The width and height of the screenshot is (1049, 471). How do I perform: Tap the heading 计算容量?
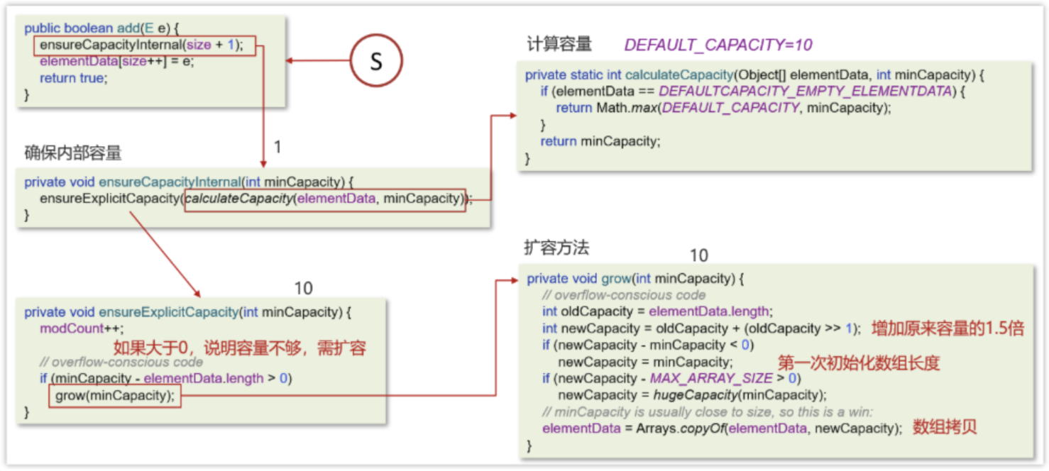click(x=559, y=44)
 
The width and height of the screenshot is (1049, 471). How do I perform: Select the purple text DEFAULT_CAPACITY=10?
click(x=718, y=45)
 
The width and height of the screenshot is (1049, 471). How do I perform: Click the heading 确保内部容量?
click(x=72, y=152)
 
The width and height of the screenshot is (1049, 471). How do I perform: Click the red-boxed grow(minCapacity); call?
click(x=115, y=396)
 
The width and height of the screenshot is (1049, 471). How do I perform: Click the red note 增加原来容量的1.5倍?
click(x=948, y=328)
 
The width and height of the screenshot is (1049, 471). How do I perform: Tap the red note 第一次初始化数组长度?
click(x=858, y=362)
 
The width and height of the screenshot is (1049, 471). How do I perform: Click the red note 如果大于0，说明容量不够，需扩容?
click(x=240, y=348)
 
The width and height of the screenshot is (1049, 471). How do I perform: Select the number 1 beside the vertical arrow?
click(x=278, y=147)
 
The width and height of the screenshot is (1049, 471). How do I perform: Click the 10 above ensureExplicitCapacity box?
click(x=303, y=288)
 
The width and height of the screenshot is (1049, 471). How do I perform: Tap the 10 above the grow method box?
click(x=698, y=255)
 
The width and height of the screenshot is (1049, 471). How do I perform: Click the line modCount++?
click(x=82, y=328)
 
